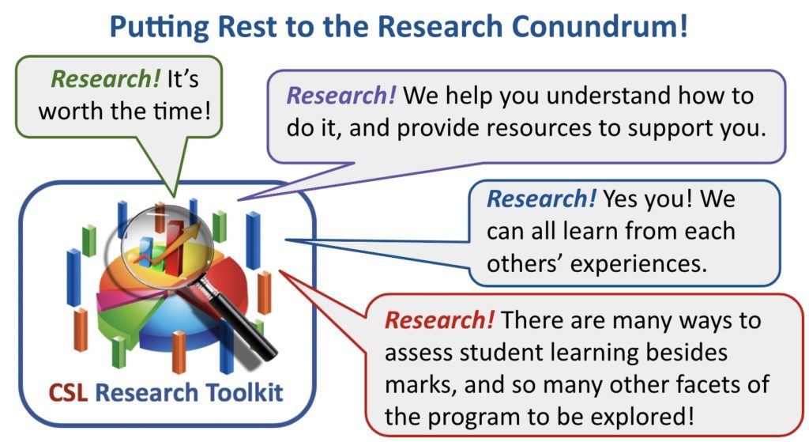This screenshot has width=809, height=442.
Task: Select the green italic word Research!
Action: click(106, 79)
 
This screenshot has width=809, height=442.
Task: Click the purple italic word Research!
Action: click(341, 96)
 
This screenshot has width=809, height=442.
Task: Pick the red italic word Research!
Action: click(439, 320)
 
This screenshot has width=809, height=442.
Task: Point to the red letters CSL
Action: click(68, 392)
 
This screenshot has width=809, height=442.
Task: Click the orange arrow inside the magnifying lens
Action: click(167, 244)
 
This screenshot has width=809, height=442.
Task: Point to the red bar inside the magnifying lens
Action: click(174, 247)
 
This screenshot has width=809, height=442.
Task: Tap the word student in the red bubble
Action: click(497, 353)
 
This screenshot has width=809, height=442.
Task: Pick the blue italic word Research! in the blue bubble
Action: click(541, 198)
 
